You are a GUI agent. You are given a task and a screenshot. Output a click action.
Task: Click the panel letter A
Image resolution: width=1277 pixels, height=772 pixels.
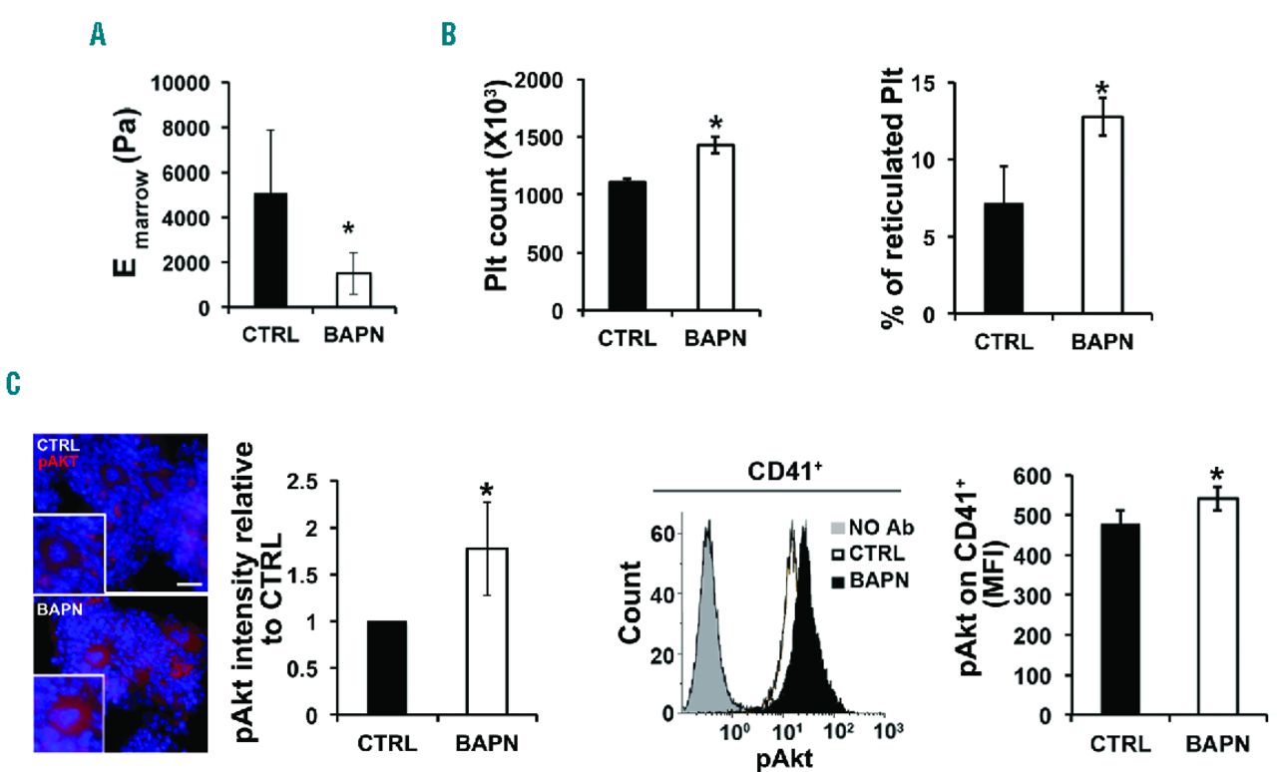pyautogui.click(x=97, y=36)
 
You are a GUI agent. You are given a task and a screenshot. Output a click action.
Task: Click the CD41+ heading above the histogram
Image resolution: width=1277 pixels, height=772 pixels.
pyautogui.click(x=777, y=471)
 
